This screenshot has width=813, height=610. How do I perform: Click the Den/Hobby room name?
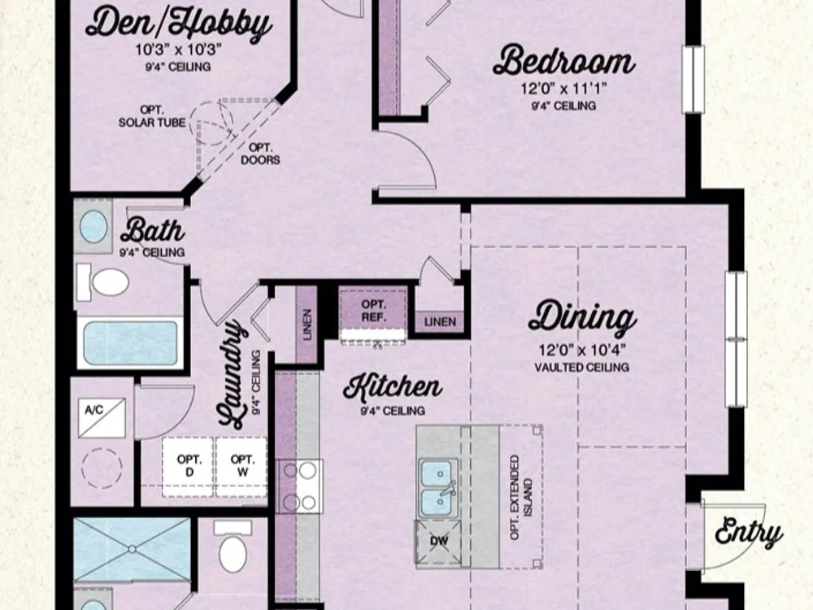pos(178,24)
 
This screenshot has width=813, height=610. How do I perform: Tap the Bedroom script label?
pos(564,60)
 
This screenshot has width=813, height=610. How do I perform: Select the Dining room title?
pos(582,317)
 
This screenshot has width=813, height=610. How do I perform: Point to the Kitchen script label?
pos(393,387)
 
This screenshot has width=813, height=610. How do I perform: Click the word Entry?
pos(748,532)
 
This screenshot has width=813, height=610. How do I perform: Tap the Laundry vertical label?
pos(231,373)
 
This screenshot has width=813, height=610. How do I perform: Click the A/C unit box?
pos(102,417)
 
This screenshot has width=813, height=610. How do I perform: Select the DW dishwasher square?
pos(439,542)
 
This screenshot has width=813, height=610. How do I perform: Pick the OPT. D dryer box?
pos(189,466)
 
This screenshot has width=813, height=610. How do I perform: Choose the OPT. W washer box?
pos(242,466)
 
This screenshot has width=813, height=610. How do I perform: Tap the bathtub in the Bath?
pos(130,343)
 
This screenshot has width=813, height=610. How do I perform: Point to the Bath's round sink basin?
pos(93,226)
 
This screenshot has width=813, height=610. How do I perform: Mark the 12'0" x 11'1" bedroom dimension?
pos(564,89)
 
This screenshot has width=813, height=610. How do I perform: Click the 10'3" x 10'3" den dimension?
pos(178,50)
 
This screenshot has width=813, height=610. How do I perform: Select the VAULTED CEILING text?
pos(582,368)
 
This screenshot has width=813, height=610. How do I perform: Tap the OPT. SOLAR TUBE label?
pos(152,116)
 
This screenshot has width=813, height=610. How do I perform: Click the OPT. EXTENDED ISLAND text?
pos(521,498)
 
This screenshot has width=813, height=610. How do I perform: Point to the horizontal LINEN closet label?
pos(440,321)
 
